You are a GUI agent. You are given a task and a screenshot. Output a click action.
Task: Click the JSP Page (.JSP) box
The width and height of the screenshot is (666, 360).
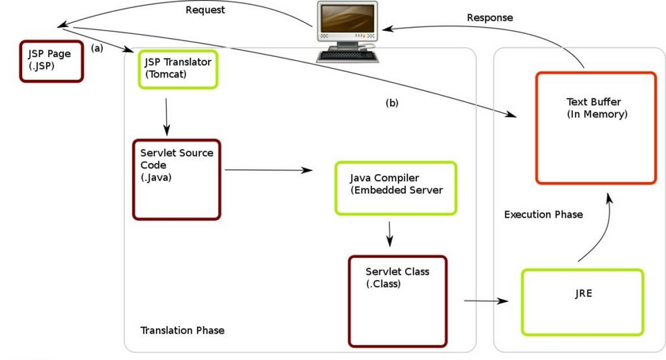[x=51, y=61]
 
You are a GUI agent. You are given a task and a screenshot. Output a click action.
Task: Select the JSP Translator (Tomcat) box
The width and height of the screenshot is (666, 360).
[x=178, y=69]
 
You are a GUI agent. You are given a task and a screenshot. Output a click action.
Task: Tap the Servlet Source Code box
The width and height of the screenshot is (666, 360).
[x=176, y=179]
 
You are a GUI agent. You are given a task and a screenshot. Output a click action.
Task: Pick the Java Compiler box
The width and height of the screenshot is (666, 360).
[x=395, y=188]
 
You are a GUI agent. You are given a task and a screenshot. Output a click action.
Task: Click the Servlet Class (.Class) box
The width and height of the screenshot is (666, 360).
[x=398, y=300]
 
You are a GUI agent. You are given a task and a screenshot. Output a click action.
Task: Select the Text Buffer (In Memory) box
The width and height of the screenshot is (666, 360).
[x=595, y=128]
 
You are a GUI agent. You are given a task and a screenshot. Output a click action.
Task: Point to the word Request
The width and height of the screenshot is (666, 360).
[x=205, y=10]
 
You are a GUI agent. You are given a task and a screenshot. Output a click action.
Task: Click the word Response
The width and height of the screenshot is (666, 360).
[x=490, y=17]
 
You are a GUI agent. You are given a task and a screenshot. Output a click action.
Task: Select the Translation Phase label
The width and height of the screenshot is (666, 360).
[x=182, y=330]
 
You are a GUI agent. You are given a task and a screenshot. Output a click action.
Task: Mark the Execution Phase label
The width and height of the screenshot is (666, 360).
[x=543, y=214]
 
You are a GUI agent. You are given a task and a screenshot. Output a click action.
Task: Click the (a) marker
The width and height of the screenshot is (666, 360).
[x=97, y=49]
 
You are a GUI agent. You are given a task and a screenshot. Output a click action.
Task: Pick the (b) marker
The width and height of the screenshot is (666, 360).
[x=392, y=103]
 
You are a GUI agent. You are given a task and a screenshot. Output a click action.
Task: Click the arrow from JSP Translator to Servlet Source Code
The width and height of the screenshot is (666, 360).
[x=166, y=117]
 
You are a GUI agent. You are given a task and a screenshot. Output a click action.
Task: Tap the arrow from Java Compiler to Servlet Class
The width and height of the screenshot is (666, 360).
[x=389, y=234]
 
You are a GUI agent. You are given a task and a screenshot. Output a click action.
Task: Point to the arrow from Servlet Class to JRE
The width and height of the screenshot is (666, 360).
[x=486, y=301]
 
